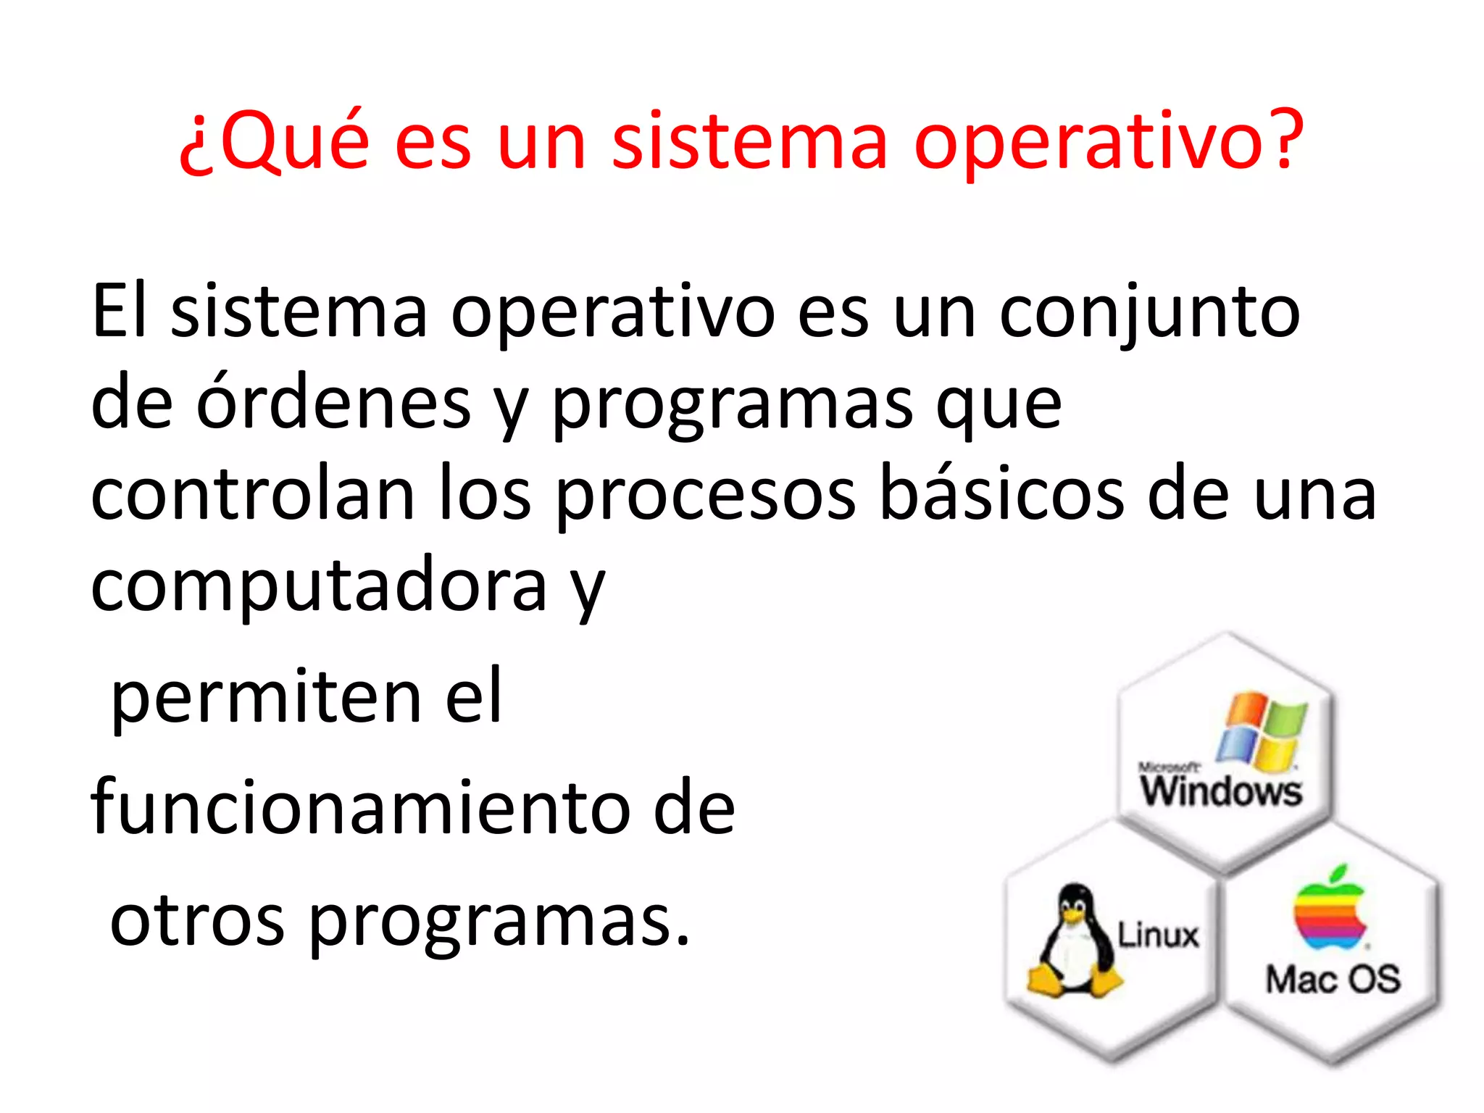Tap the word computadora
point(319,587)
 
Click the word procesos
point(706,497)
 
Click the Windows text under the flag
point(1222,791)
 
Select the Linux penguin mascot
point(1074,941)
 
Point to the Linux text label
point(1157,935)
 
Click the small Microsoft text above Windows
point(1168,767)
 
